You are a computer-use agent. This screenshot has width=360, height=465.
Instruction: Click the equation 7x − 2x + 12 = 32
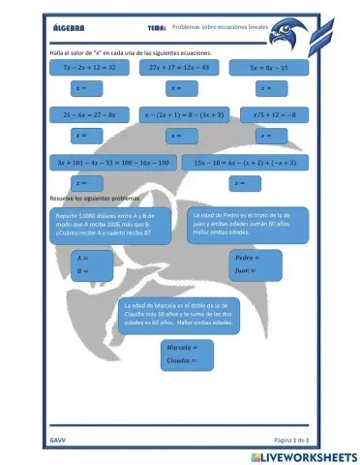[88, 68]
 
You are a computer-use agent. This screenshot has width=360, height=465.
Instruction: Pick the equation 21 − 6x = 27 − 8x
[88, 113]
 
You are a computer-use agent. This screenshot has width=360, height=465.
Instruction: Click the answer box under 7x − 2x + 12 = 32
[88, 87]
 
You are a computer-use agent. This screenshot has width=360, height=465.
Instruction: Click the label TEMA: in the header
[157, 30]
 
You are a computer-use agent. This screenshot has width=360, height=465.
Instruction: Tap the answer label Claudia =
[181, 359]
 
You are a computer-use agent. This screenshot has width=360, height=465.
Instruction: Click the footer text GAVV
[57, 439]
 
